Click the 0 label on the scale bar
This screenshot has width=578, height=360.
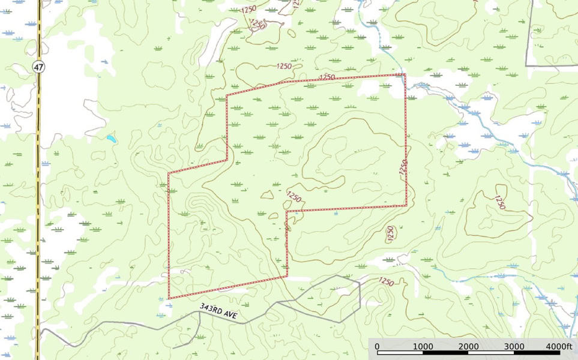(x=377, y=346)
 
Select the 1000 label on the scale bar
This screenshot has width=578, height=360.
(x=423, y=346)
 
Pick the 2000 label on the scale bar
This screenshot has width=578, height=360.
(x=469, y=346)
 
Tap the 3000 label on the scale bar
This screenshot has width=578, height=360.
(x=514, y=346)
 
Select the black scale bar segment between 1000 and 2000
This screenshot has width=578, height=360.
(x=445, y=353)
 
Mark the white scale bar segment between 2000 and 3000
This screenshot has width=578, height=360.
(x=492, y=353)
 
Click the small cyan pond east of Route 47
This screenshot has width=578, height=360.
(x=111, y=139)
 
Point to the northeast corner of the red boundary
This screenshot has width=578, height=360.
(x=405, y=74)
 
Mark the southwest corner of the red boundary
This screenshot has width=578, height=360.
(x=169, y=298)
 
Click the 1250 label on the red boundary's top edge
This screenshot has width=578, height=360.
(x=327, y=77)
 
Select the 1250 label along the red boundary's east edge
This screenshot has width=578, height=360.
(x=403, y=167)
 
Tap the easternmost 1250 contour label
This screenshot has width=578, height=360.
(x=500, y=202)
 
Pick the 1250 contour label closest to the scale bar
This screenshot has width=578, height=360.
(x=387, y=281)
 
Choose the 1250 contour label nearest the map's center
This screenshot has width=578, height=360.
(x=294, y=196)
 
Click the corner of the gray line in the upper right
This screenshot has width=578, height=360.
(x=526, y=65)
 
